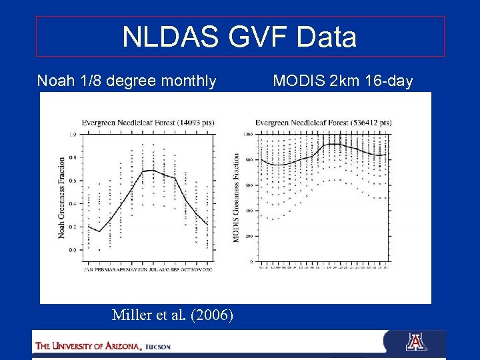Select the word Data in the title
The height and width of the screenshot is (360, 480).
click(x=327, y=37)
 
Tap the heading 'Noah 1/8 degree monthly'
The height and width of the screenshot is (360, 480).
click(x=127, y=81)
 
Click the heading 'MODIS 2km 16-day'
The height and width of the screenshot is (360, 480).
click(x=343, y=81)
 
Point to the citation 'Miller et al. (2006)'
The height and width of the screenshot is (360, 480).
click(x=173, y=315)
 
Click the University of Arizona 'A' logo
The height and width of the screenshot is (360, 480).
click(x=415, y=342)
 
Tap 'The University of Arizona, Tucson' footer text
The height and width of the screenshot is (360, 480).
click(x=103, y=346)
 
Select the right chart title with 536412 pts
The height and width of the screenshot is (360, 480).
click(x=323, y=122)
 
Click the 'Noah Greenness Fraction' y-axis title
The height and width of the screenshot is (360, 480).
click(x=61, y=197)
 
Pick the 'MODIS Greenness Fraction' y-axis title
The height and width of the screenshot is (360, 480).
click(x=236, y=198)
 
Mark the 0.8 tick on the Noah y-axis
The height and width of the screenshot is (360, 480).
click(x=73, y=157)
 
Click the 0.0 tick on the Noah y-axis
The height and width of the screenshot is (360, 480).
click(x=73, y=249)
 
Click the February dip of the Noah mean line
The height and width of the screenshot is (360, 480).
click(x=99, y=231)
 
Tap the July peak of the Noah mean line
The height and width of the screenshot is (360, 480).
click(x=153, y=170)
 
